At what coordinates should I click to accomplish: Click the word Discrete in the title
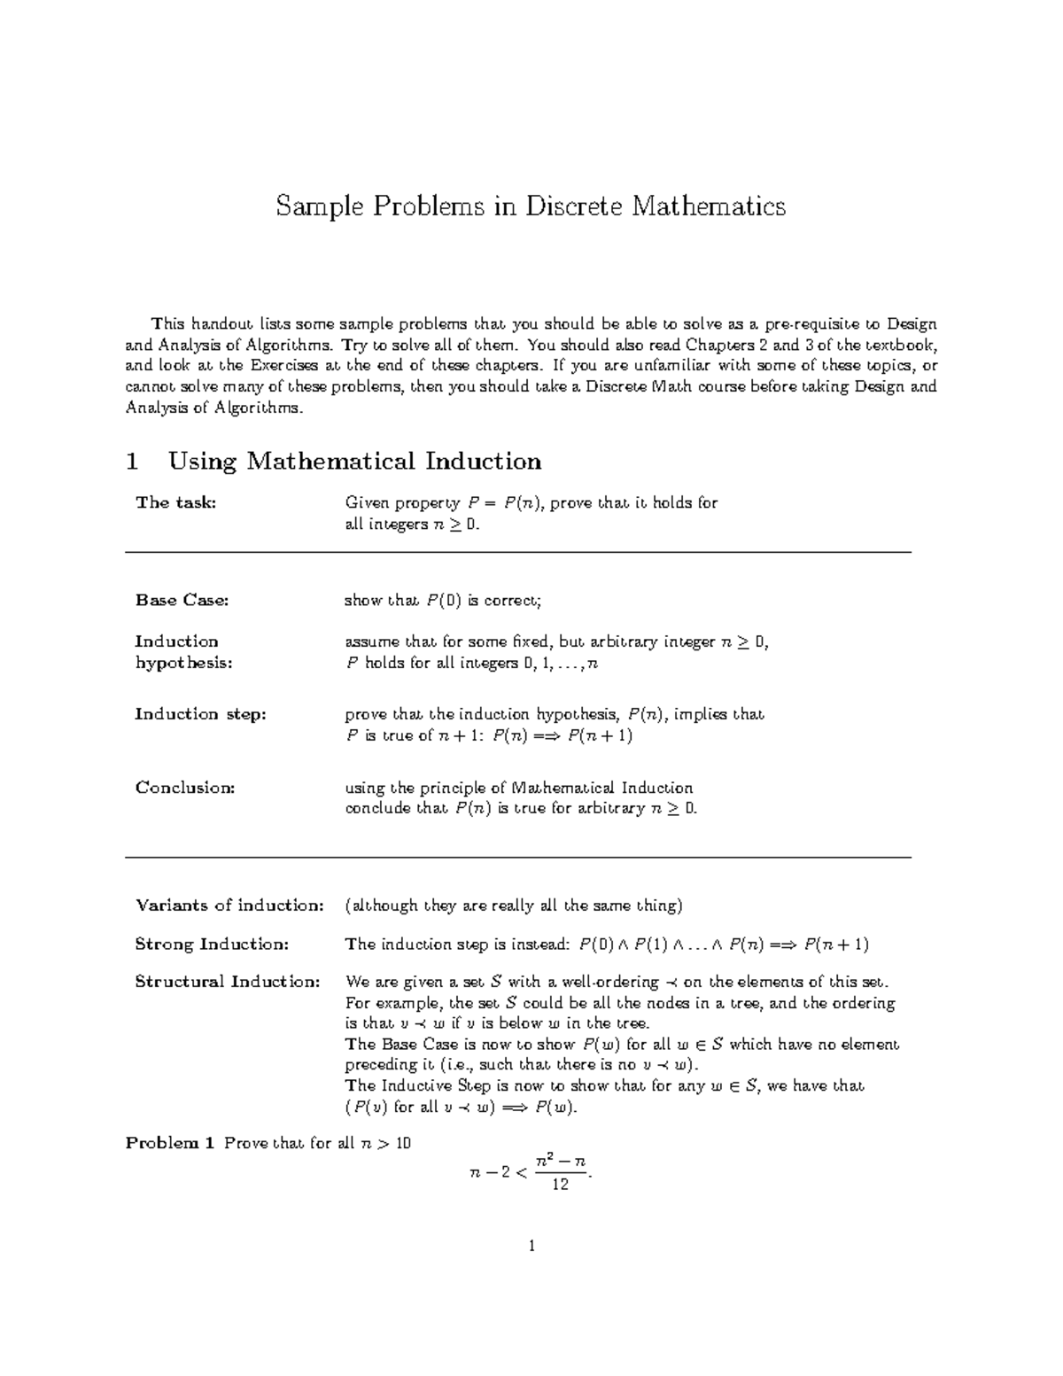pyautogui.click(x=575, y=206)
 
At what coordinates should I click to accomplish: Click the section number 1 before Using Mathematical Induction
pyautogui.click(x=133, y=462)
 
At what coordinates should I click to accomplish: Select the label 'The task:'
pyautogui.click(x=175, y=503)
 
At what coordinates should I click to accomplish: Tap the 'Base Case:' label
pyautogui.click(x=182, y=601)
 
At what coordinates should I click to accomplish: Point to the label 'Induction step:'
pyautogui.click(x=200, y=714)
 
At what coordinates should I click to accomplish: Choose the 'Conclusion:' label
pyautogui.click(x=185, y=788)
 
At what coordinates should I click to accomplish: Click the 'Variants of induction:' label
pyautogui.click(x=229, y=906)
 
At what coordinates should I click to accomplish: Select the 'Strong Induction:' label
pyautogui.click(x=212, y=945)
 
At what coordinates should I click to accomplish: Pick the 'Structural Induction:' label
pyautogui.click(x=227, y=982)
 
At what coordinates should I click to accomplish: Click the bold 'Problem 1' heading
pyautogui.click(x=170, y=1143)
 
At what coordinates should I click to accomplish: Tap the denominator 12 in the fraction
pyautogui.click(x=560, y=1185)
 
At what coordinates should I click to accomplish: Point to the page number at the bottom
pyautogui.click(x=531, y=1247)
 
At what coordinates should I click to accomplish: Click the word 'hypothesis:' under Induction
pyautogui.click(x=183, y=663)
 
